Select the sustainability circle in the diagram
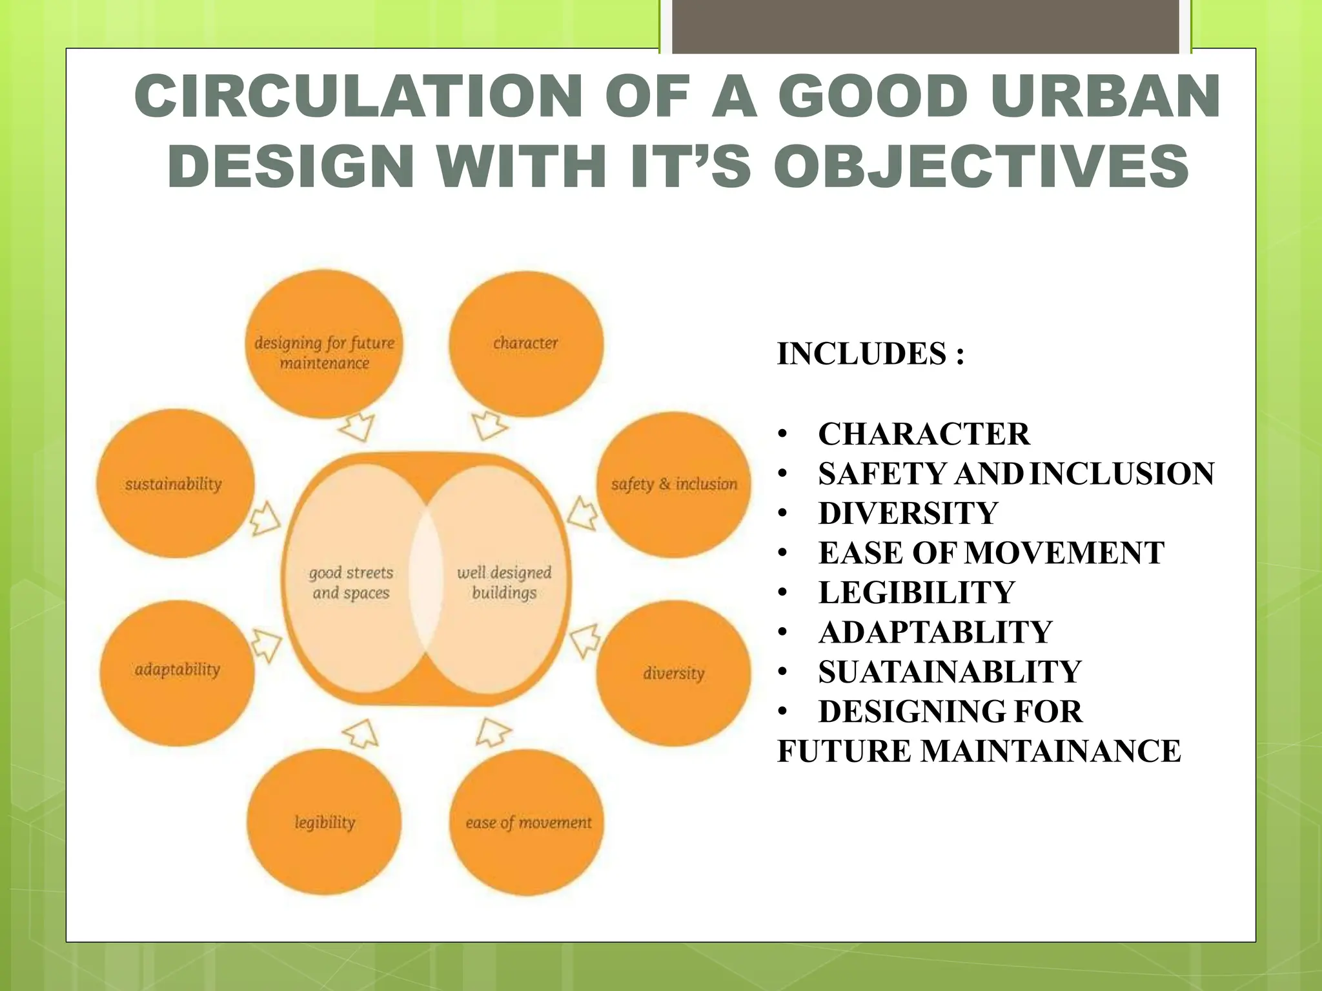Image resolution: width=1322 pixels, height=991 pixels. [x=174, y=484]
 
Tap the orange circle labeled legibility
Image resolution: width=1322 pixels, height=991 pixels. [x=324, y=822]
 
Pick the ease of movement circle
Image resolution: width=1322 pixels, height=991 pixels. [x=527, y=822]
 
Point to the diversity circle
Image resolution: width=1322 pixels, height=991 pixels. [x=673, y=673]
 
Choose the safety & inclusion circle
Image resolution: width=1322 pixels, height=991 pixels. [x=674, y=484]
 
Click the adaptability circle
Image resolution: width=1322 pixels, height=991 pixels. [x=177, y=671]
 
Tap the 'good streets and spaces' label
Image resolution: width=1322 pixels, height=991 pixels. [x=351, y=583]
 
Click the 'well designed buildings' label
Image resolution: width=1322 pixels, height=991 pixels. [x=504, y=583]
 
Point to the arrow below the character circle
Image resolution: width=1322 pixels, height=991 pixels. [x=489, y=425]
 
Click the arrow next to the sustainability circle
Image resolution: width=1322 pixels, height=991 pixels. [x=264, y=518]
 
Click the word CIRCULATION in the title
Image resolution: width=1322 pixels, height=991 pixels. [x=359, y=97]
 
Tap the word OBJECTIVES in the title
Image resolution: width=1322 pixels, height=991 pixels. [x=981, y=166]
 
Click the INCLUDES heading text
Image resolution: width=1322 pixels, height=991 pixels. [x=870, y=354]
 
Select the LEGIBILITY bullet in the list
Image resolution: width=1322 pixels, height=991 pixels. [x=917, y=592]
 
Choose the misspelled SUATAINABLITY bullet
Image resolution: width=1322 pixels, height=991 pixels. [x=950, y=672]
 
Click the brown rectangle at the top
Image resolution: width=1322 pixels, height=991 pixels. [x=925, y=26]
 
